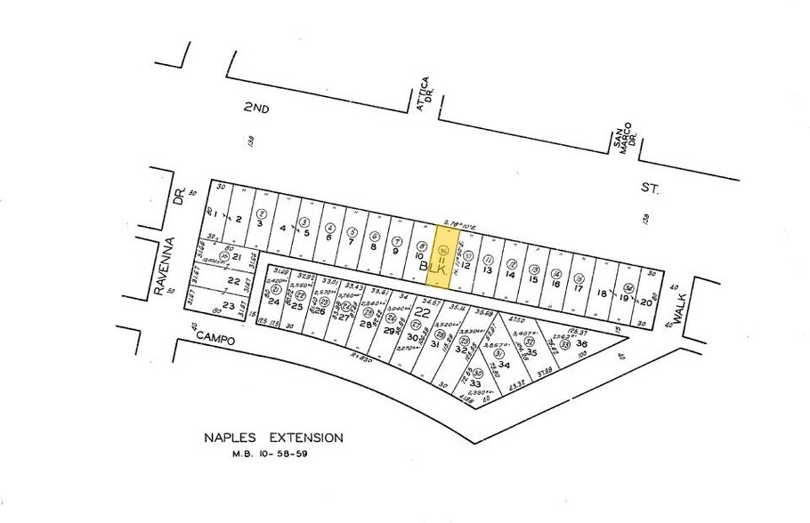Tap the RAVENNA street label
coord(161,266)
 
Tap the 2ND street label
coord(257,107)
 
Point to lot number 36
coord(582,344)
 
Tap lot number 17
coord(578,287)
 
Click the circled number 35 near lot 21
coord(224,256)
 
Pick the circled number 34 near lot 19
coord(629,287)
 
